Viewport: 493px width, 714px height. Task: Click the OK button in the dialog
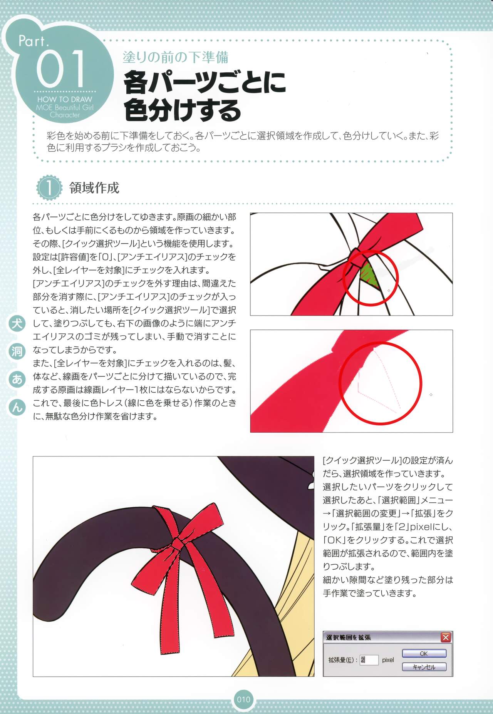424,653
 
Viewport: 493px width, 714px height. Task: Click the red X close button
446,637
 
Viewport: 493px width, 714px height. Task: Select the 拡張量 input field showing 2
369,660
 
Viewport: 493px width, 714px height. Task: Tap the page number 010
243,699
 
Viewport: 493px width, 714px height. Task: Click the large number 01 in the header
60,69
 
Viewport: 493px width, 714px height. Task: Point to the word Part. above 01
34,41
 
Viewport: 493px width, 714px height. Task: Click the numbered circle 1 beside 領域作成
49,188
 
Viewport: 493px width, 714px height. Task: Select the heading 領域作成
94,188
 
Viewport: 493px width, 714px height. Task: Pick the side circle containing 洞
17,351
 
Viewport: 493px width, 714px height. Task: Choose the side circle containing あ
17,379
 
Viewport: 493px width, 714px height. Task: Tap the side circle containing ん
17,407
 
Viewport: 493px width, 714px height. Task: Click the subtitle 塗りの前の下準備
176,57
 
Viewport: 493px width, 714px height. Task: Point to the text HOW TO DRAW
65,99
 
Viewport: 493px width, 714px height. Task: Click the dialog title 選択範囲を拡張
348,637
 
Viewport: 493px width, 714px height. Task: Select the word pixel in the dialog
388,660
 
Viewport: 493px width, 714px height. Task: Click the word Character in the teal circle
65,115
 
